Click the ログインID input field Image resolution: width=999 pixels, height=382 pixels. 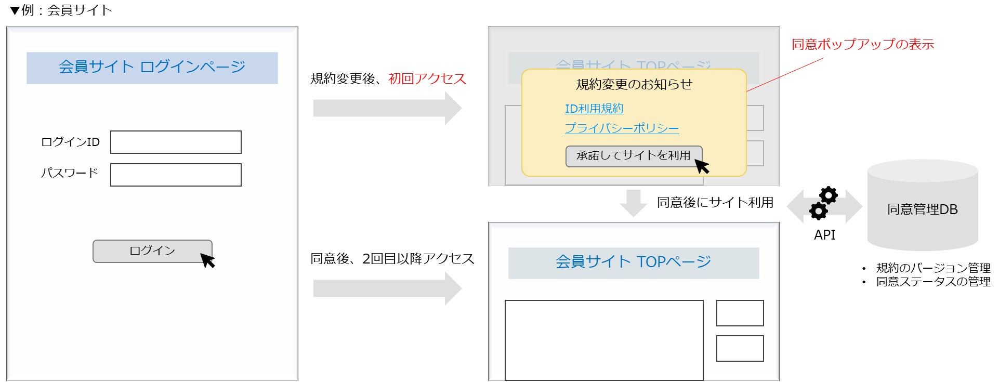[x=176, y=142]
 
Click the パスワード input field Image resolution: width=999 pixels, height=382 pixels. [x=176, y=175]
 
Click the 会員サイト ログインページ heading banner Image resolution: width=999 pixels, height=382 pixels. [x=152, y=68]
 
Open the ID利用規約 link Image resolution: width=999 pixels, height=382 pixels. [x=594, y=109]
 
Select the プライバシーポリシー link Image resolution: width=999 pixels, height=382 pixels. [x=622, y=128]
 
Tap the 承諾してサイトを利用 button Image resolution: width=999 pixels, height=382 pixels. [x=633, y=156]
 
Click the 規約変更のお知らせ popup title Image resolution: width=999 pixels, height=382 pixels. [x=634, y=84]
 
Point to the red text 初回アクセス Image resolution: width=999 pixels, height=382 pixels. [x=427, y=79]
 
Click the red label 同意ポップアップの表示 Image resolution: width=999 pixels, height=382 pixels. [x=862, y=44]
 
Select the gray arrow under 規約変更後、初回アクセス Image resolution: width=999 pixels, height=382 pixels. [x=387, y=108]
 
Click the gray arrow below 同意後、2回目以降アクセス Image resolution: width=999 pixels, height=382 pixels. [x=387, y=288]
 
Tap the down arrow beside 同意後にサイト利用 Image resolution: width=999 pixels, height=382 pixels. [x=633, y=203]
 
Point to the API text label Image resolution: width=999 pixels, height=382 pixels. [x=824, y=235]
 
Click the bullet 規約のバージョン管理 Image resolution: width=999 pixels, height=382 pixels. [x=932, y=268]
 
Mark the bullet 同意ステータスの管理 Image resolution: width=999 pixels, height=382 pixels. [x=932, y=282]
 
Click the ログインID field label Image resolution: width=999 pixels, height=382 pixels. [x=70, y=142]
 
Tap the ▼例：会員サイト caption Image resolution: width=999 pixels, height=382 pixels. [x=61, y=10]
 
